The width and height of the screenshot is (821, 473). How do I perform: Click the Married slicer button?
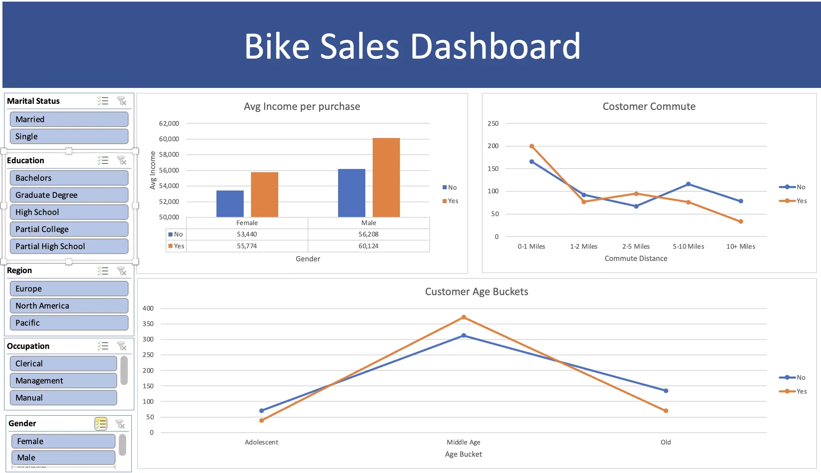coord(69,119)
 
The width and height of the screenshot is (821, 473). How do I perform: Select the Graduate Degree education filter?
coord(69,195)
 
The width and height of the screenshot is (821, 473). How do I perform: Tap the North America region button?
coord(69,306)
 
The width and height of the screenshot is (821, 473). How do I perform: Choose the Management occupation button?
coord(63,381)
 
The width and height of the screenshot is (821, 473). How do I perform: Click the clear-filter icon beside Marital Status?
coord(122,101)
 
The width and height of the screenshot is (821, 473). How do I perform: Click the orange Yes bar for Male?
coord(386,177)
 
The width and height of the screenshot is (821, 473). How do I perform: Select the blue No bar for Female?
coord(230,204)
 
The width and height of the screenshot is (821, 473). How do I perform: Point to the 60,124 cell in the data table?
coord(368,246)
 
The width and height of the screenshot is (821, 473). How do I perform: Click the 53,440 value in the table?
coord(247,234)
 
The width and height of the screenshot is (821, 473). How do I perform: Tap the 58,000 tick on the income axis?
coord(169,154)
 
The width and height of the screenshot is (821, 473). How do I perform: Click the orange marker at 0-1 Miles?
coord(532,146)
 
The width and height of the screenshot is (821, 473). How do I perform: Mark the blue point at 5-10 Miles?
coord(688,184)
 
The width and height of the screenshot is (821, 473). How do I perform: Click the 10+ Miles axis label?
coord(740,246)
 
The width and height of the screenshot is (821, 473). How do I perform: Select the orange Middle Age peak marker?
coord(464,317)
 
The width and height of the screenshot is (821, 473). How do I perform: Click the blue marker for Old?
coord(666,391)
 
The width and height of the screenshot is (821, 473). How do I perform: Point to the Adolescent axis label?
coord(261,442)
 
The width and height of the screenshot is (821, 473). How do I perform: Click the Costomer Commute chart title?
coord(649,106)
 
